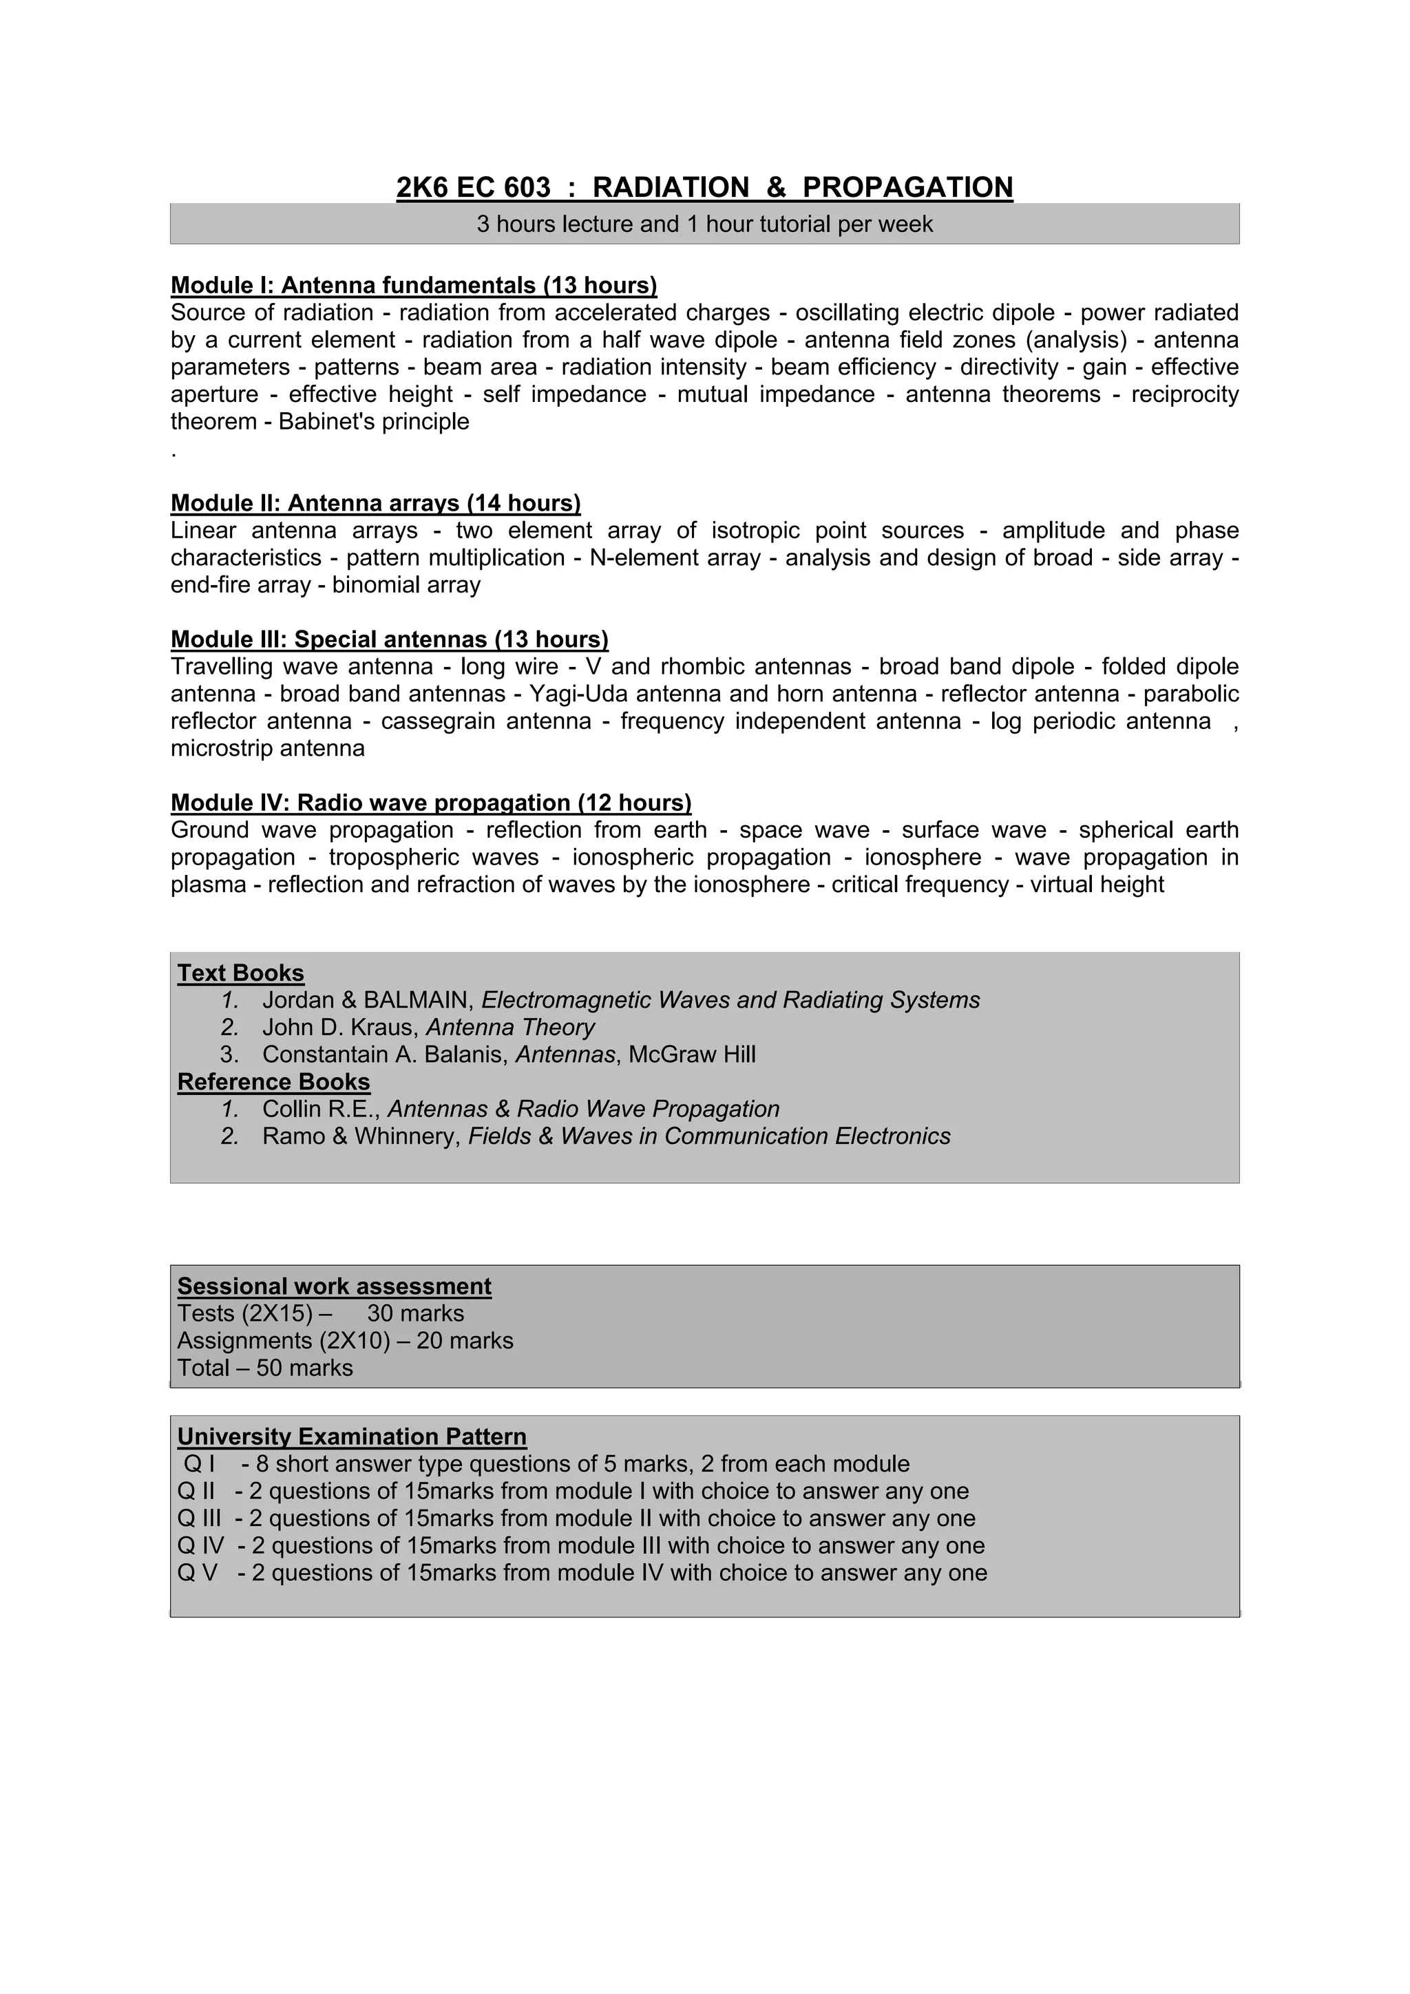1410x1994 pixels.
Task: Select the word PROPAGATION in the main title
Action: click(908, 188)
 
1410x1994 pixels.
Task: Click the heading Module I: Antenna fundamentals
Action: click(414, 286)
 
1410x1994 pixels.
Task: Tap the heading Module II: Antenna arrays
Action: click(375, 504)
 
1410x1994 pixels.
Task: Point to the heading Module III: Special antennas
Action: click(389, 640)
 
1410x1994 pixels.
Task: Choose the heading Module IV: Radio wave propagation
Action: click(431, 803)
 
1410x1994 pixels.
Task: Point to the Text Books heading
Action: click(241, 973)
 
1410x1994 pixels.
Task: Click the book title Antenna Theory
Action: click(510, 1028)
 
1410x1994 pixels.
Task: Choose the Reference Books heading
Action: click(273, 1082)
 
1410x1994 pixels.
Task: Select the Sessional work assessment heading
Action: click(335, 1286)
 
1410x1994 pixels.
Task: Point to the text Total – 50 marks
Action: click(265, 1368)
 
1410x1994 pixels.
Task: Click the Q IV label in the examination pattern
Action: click(200, 1546)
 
